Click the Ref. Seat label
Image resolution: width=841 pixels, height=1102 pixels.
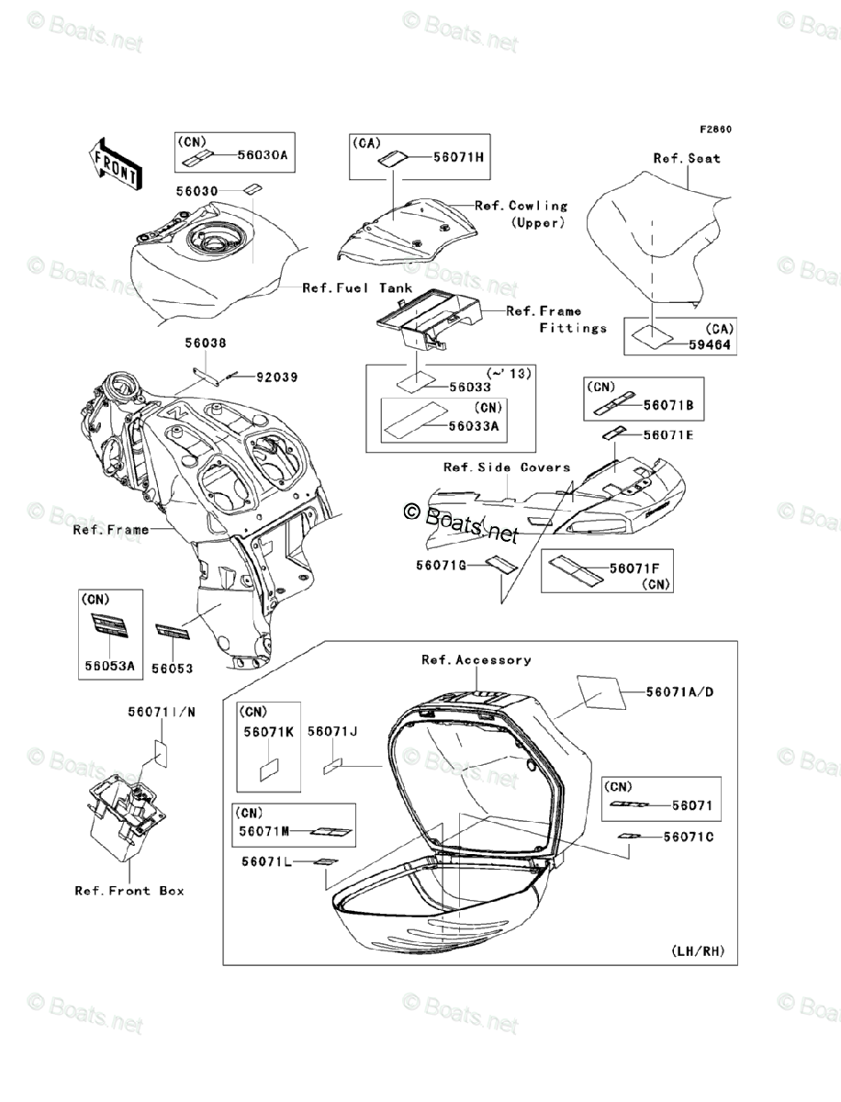pos(687,158)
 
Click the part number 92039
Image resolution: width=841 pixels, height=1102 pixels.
pos(277,377)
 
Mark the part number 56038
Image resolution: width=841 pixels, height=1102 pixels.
pos(205,343)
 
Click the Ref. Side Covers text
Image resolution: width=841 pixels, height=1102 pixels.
pos(507,467)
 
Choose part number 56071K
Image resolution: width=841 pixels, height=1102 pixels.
pos(269,733)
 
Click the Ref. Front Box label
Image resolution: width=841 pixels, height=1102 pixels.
pos(129,890)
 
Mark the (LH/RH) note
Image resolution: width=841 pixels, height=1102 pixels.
pos(698,950)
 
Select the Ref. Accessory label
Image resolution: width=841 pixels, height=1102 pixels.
pos(476,659)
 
